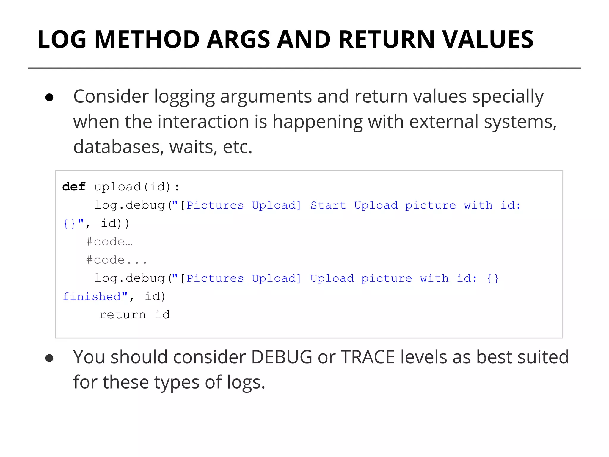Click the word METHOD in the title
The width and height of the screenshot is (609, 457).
click(x=147, y=39)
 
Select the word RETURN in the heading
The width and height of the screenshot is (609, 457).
click(x=387, y=39)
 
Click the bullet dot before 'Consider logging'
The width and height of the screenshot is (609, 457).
click(x=49, y=98)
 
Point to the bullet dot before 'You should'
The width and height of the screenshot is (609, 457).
click(x=49, y=358)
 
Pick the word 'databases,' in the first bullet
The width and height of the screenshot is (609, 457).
click(x=119, y=147)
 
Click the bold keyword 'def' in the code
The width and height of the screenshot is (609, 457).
click(x=74, y=187)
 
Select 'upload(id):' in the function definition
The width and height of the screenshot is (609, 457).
click(x=137, y=187)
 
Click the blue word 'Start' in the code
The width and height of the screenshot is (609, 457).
click(x=328, y=205)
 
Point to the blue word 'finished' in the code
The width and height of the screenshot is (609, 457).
click(x=92, y=297)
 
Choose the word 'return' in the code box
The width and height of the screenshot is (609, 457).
click(x=123, y=315)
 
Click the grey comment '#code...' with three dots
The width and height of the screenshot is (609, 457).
click(x=117, y=260)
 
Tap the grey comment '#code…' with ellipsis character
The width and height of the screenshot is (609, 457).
click(x=109, y=242)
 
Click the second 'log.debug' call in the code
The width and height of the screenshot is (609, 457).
click(x=129, y=278)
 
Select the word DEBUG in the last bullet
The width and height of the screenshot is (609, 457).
click(x=281, y=357)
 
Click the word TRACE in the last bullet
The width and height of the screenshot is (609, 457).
click(x=368, y=357)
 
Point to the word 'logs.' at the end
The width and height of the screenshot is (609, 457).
click(x=246, y=382)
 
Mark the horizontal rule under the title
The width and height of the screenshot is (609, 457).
click(x=304, y=68)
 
